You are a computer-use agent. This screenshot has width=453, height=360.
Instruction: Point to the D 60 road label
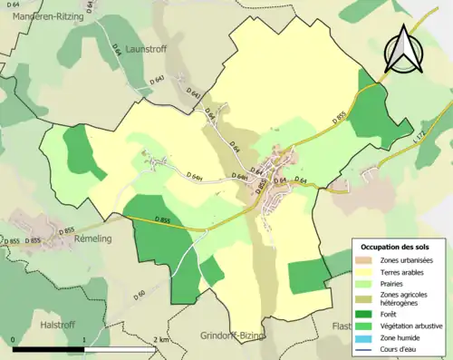(x=140, y=296)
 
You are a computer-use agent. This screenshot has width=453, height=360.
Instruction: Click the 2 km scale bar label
(x=161, y=339)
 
